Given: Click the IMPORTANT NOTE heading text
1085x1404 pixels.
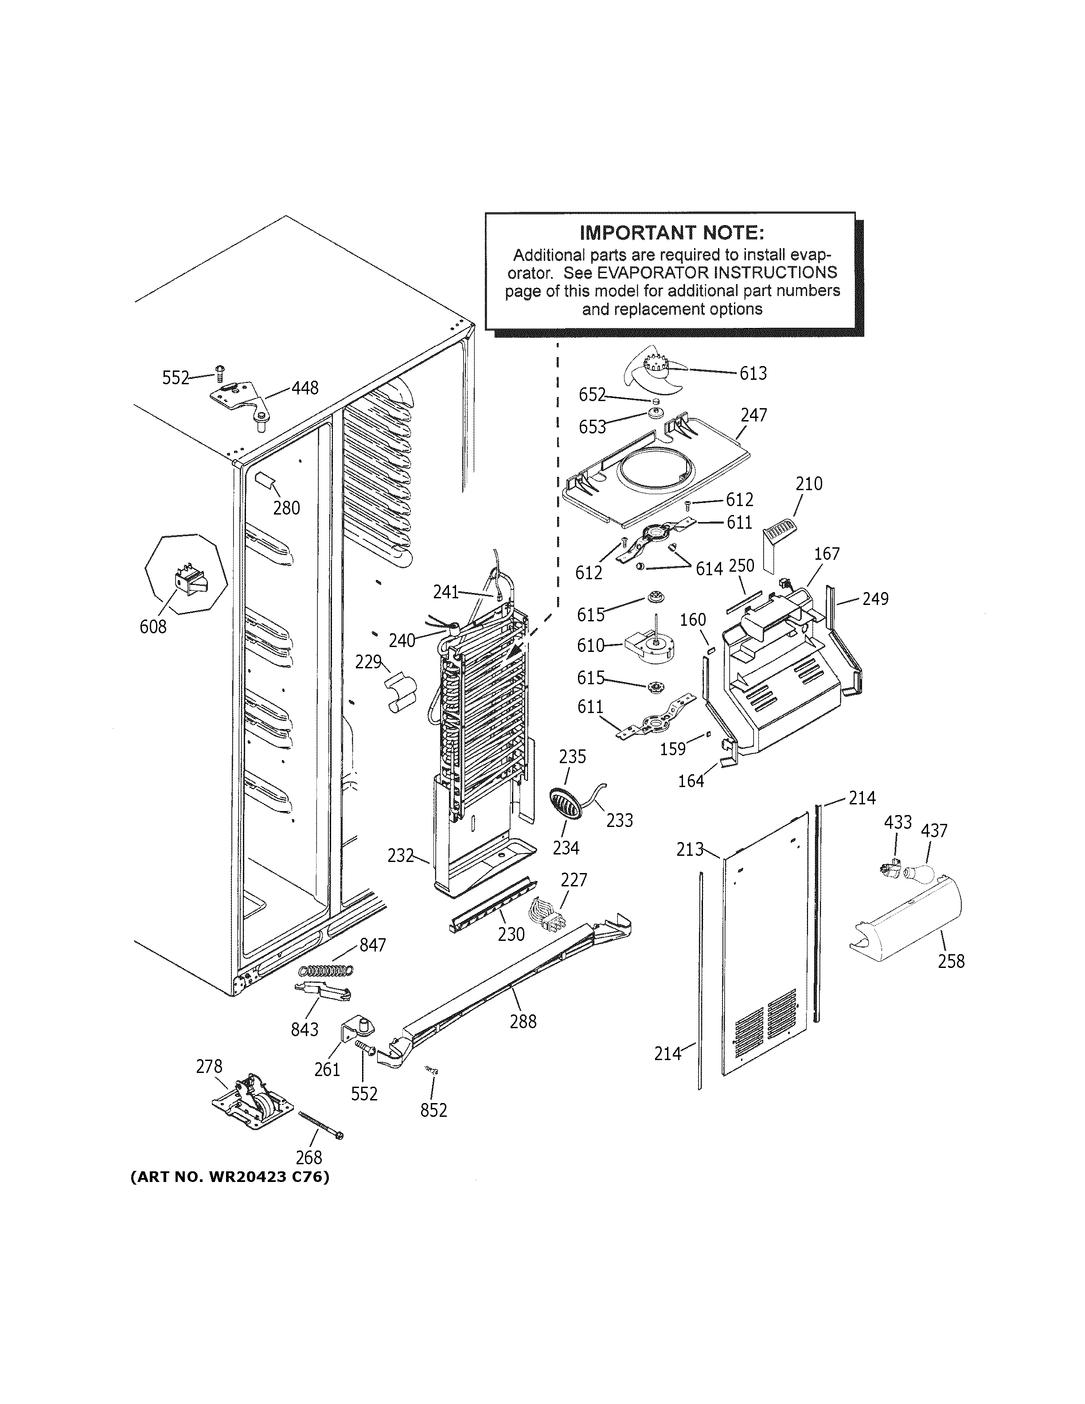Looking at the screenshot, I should pyautogui.click(x=671, y=232).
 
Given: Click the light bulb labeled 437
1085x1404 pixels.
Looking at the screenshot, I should pyautogui.click(x=917, y=873).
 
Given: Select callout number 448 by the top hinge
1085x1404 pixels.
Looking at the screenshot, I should pyautogui.click(x=304, y=388).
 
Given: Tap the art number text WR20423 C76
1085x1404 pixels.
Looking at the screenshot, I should pyautogui.click(x=230, y=1177).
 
